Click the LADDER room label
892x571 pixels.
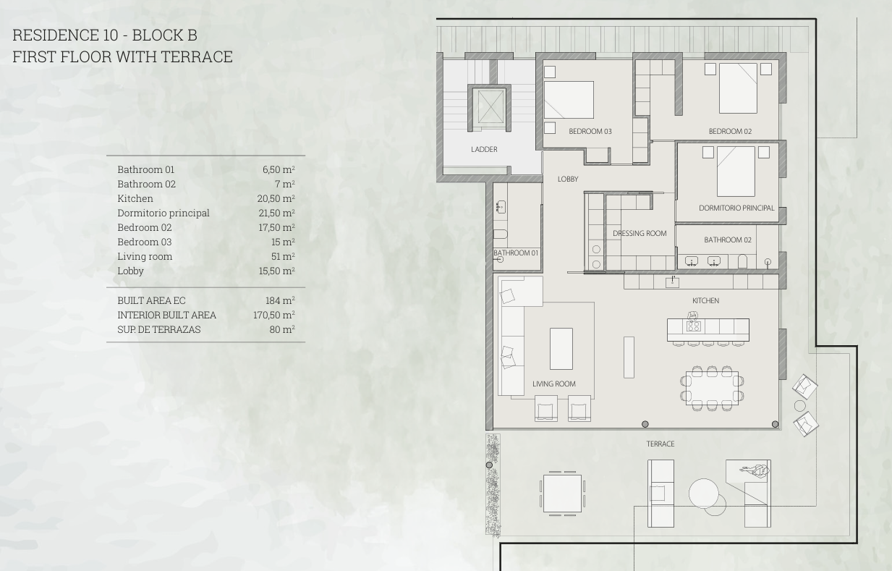[484, 149]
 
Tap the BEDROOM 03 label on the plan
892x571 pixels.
[590, 131]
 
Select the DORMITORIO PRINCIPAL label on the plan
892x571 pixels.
[736, 208]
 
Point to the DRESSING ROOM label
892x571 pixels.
[640, 234]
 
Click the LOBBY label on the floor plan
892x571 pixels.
[568, 179]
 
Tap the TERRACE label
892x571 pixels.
[660, 444]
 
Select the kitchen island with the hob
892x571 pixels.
[708, 329]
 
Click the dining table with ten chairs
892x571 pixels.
[712, 388]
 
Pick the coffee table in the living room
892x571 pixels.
[561, 349]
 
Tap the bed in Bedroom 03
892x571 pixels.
[569, 100]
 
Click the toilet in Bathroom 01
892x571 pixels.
[500, 234]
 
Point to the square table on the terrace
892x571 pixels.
[562, 494]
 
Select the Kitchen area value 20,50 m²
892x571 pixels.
[276, 198]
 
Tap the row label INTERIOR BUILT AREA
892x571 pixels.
[166, 316]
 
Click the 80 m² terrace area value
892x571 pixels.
[282, 329]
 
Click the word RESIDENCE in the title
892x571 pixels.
[56, 35]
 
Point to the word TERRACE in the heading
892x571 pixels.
[197, 56]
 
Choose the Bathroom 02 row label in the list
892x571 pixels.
[146, 184]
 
